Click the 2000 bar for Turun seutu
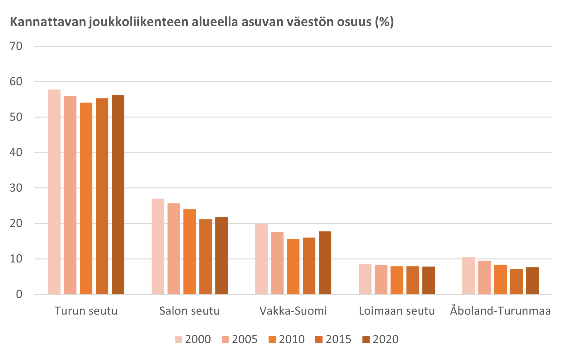point(54,192)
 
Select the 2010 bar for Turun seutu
point(86,198)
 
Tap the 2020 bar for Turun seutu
point(118,194)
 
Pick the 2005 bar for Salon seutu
point(174,248)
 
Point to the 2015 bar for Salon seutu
point(206,257)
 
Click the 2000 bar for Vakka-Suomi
point(261,259)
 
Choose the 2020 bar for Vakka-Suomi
point(325,262)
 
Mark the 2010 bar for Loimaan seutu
point(397,280)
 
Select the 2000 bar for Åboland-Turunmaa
point(468,276)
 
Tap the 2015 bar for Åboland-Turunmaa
point(517,281)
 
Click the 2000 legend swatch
point(178,339)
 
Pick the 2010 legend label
point(292,339)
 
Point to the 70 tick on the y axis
point(16,46)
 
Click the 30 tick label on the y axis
point(16,188)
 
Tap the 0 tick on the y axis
point(19,294)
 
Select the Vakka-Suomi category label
point(293,311)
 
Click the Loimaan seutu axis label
point(397,311)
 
